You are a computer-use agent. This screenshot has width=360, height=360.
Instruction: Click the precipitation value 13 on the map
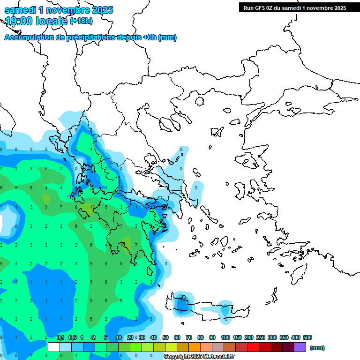click(92, 207)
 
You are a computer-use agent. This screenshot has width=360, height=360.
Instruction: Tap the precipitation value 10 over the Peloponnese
click(122, 245)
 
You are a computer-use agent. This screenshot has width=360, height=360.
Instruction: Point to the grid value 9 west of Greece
click(46, 207)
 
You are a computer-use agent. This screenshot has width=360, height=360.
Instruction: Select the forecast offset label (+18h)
click(81, 21)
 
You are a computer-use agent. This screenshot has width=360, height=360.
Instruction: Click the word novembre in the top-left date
click(71, 10)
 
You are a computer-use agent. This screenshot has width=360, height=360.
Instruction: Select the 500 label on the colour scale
click(307, 337)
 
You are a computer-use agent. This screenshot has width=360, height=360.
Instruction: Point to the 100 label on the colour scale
click(225, 337)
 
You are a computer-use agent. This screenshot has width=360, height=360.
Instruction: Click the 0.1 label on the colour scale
click(60, 337)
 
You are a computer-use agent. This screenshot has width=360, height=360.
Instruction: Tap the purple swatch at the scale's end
click(300, 347)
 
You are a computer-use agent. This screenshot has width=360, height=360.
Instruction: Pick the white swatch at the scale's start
click(54, 347)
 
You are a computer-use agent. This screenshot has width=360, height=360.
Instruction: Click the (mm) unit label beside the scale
click(317, 348)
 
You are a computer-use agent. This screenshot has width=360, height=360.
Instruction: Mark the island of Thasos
click(200, 101)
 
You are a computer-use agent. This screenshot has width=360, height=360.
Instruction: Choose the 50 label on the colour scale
click(165, 337)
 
